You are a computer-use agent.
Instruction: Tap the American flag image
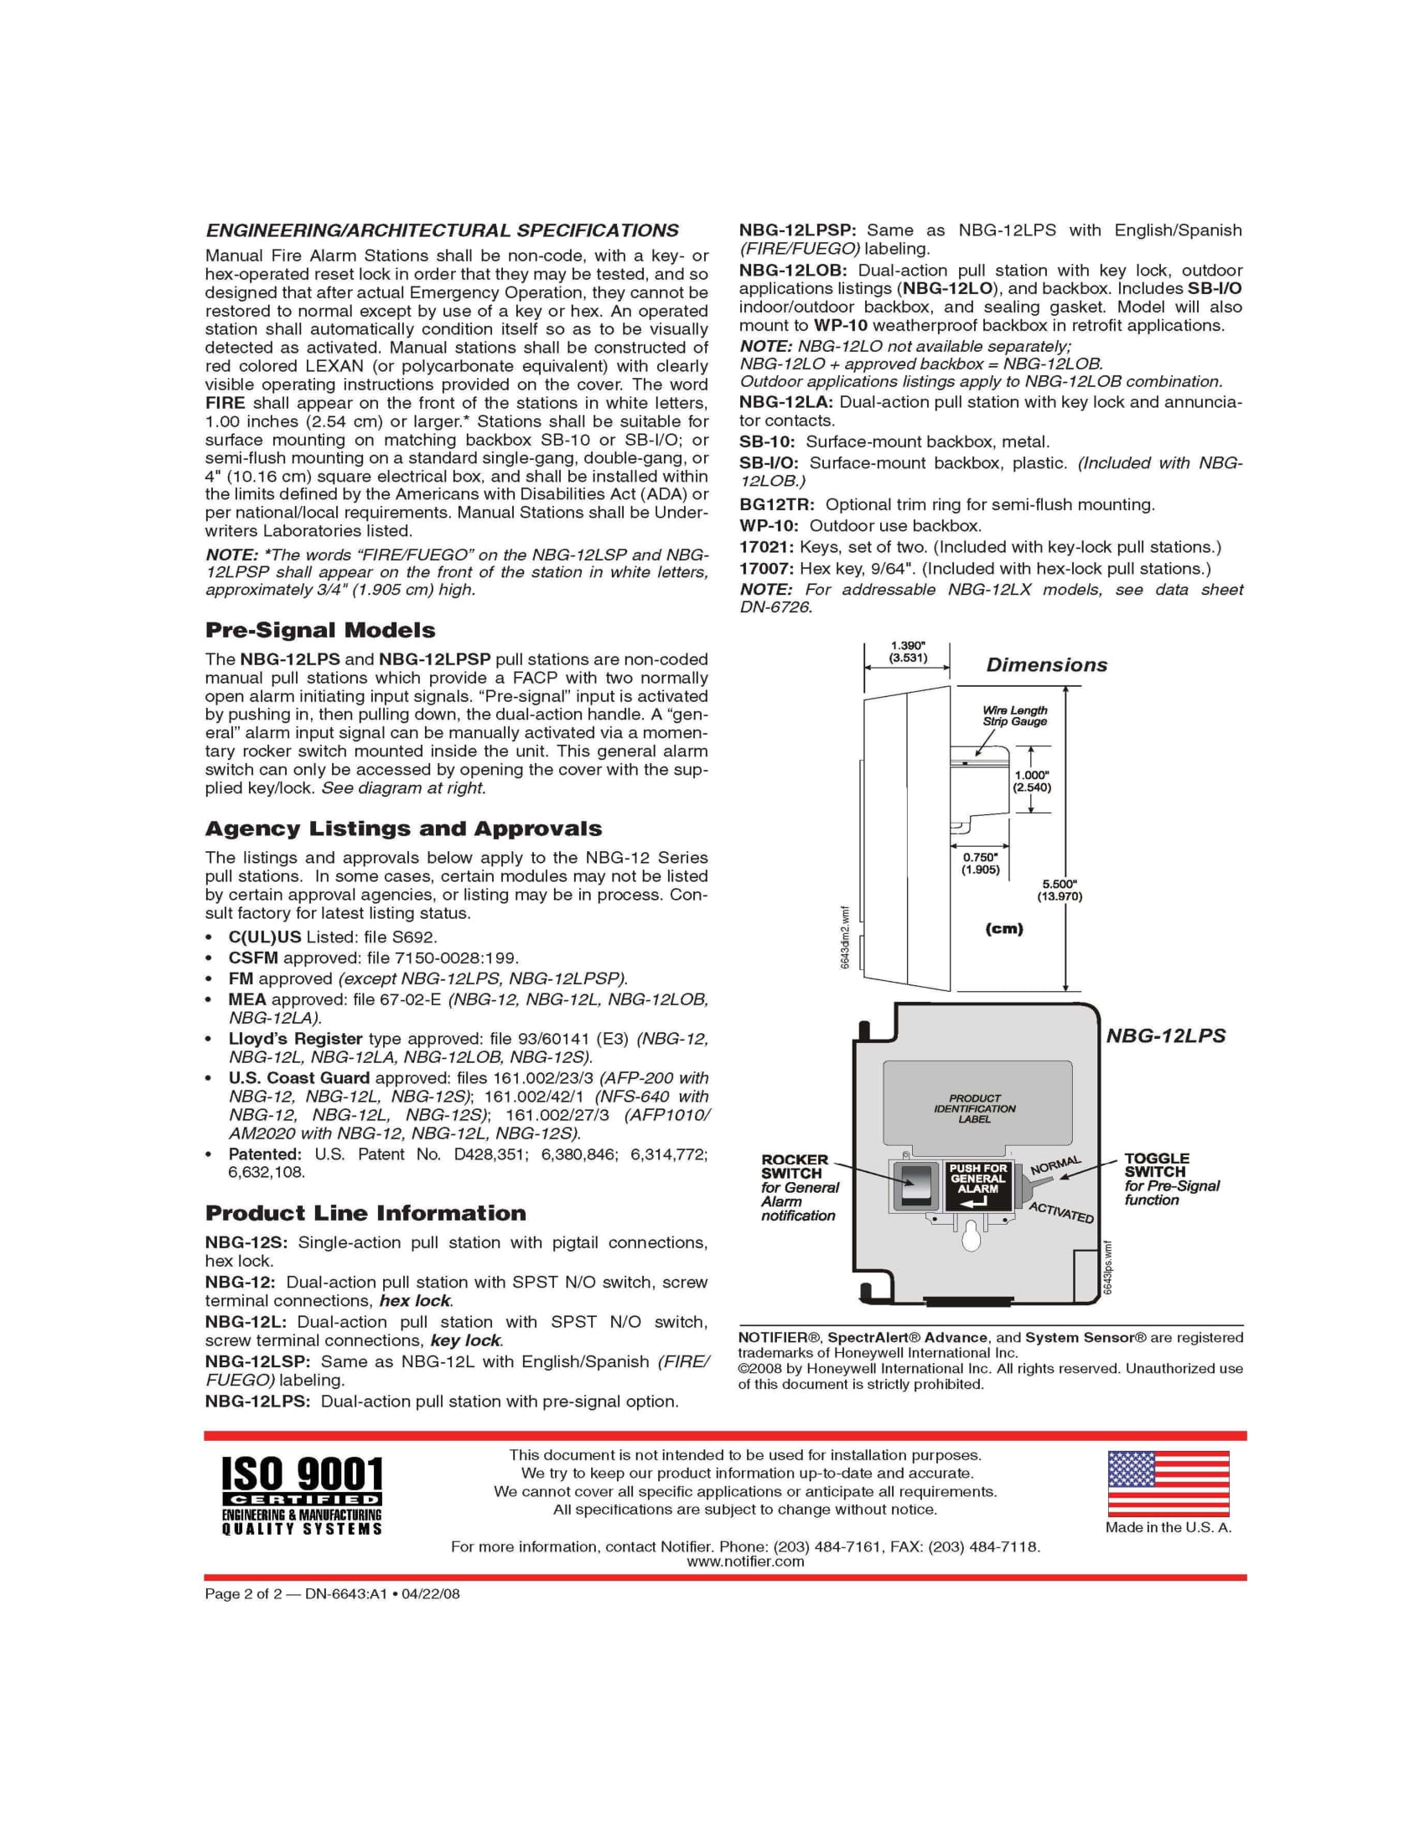click(1168, 1483)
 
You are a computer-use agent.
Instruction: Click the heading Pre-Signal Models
click(320, 630)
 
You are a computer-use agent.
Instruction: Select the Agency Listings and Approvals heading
click(403, 829)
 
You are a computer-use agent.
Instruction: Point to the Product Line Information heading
click(365, 1214)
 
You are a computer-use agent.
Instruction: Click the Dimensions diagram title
click(1046, 665)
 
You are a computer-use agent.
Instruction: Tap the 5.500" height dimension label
click(1059, 891)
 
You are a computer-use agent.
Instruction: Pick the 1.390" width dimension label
click(908, 652)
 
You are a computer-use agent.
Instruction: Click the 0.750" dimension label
click(979, 863)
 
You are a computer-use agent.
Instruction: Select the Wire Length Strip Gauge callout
click(1014, 715)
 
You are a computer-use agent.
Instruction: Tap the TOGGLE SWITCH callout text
click(1156, 1165)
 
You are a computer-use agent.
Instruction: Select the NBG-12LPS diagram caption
click(1165, 1035)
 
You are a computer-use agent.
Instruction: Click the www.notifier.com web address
click(744, 1562)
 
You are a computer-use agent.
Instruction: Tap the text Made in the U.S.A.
click(1168, 1527)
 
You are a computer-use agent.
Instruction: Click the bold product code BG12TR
click(776, 504)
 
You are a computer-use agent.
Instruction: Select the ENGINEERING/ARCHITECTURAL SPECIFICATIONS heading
click(443, 230)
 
